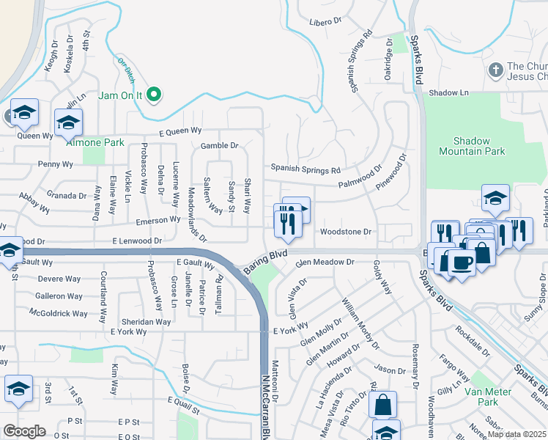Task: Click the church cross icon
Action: pyautogui.click(x=496, y=70)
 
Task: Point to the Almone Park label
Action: pyautogui.click(x=95, y=142)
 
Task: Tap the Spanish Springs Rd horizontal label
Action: pyautogui.click(x=306, y=169)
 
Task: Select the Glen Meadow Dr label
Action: pyautogui.click(x=325, y=262)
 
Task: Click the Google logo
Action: pyautogui.click(x=24, y=431)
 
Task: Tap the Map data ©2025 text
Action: pyautogui.click(x=517, y=434)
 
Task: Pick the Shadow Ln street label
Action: pyautogui.click(x=448, y=93)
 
